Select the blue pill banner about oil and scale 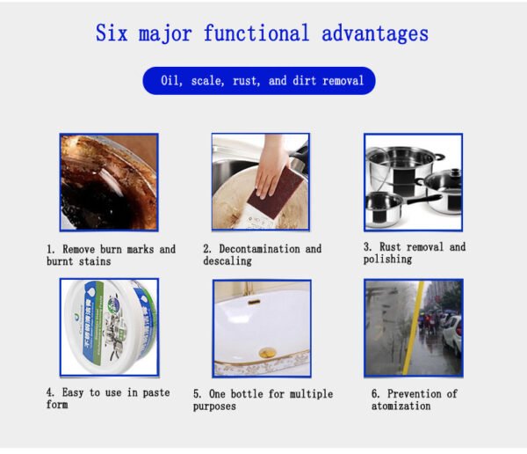pos(259,81)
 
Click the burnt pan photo pos(109,182)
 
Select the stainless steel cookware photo pos(413,182)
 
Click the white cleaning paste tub pos(109,326)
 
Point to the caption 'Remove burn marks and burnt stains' pos(111,255)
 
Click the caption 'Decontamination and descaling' pos(262,255)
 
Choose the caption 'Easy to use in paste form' pos(108,399)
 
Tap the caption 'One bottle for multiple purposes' pos(263,400)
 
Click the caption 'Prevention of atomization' pos(414,399)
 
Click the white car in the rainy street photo pos(453,335)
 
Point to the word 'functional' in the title pos(256,34)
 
